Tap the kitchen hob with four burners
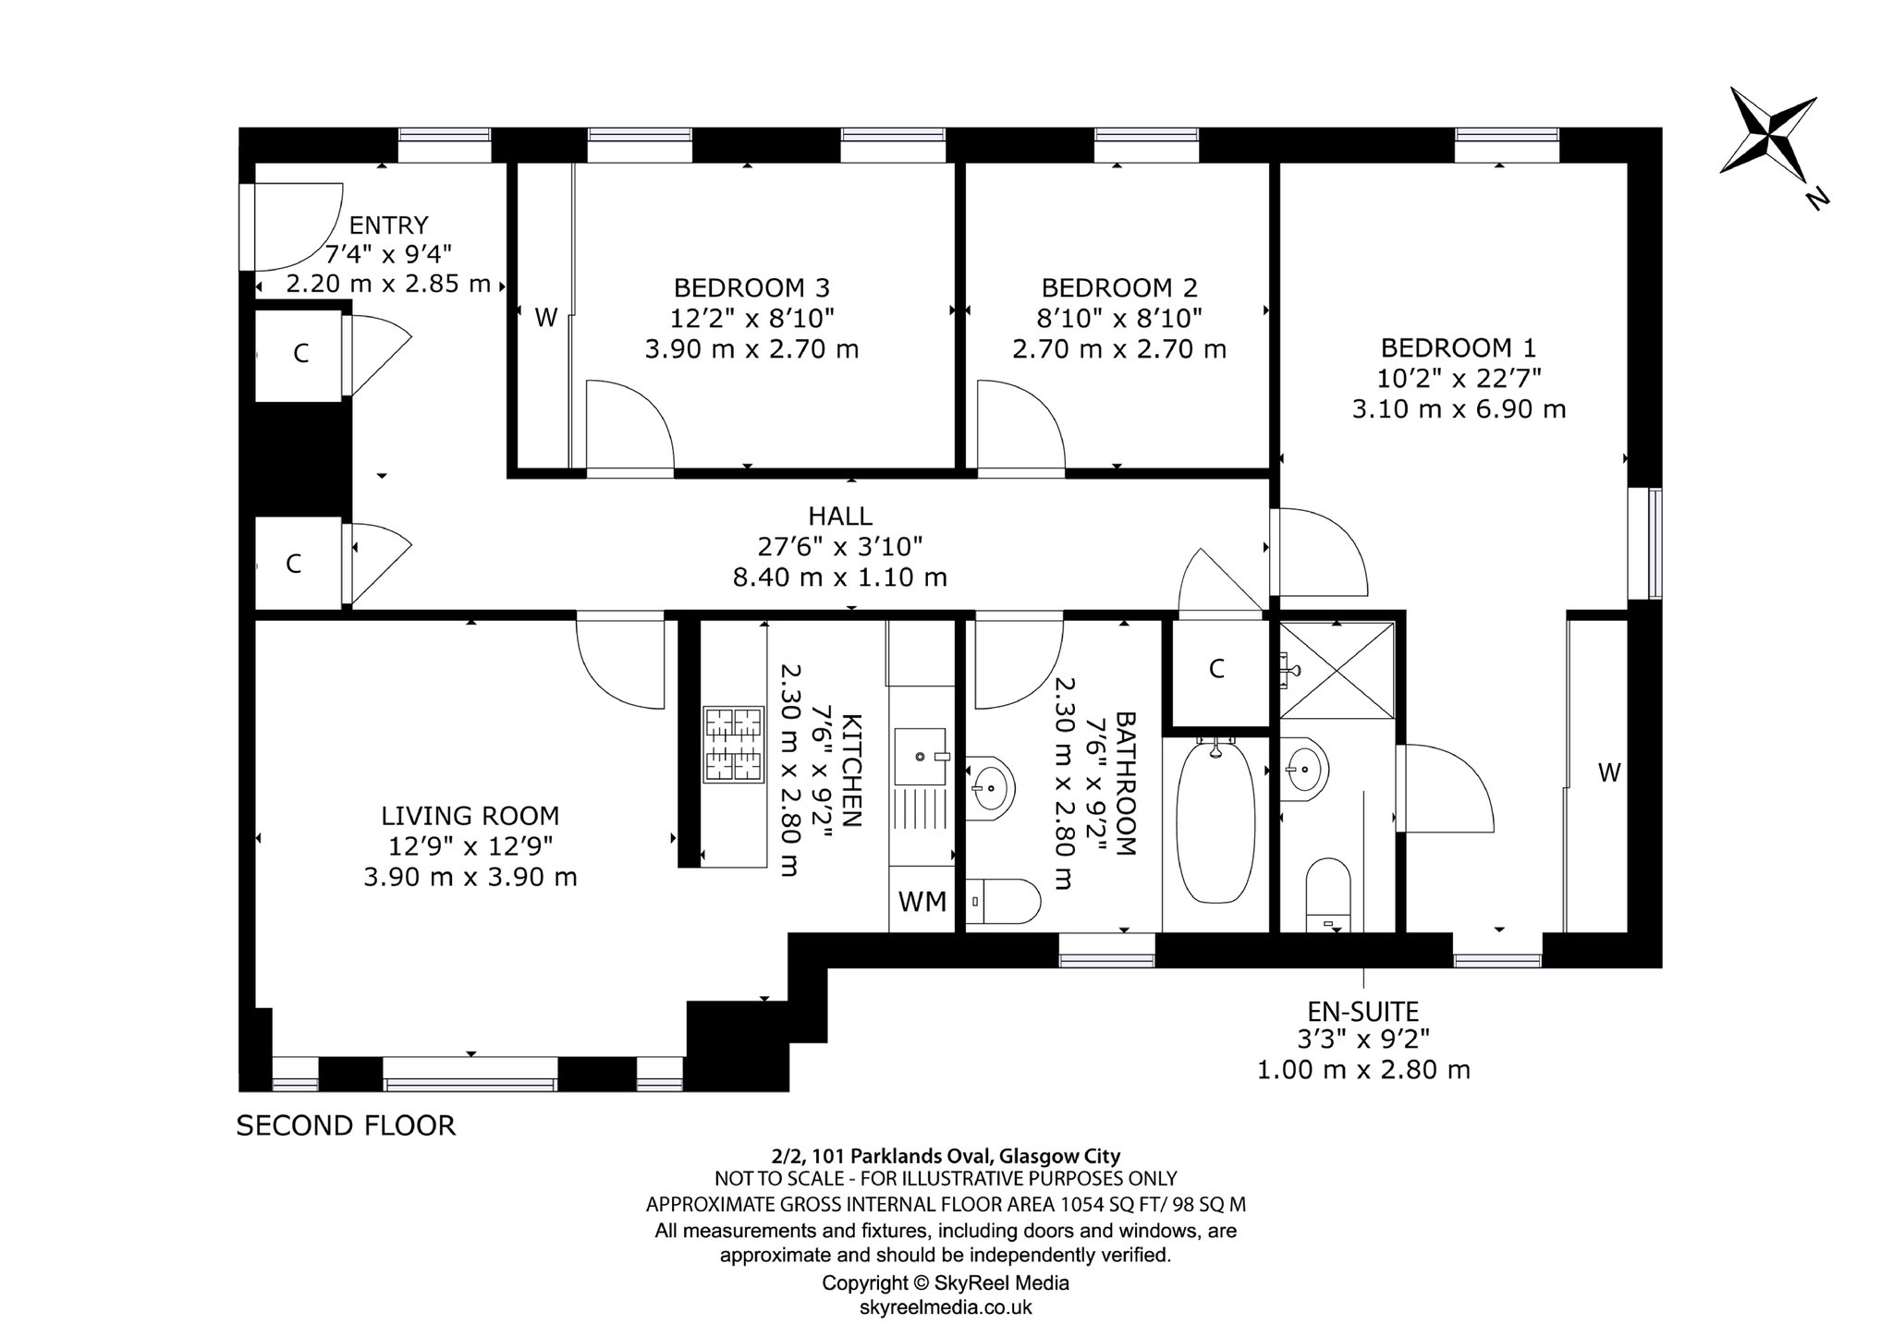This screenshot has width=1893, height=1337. (734, 744)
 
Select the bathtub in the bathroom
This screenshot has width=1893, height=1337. (1215, 820)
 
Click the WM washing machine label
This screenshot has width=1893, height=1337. (922, 901)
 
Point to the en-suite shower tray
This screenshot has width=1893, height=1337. (1337, 669)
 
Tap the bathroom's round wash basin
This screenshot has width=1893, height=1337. (990, 788)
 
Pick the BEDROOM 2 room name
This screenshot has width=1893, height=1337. (1119, 287)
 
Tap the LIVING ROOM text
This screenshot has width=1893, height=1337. (470, 816)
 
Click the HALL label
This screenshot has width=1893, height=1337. (840, 516)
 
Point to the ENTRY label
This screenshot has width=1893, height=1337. (388, 225)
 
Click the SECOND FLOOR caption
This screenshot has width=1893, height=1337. (346, 1125)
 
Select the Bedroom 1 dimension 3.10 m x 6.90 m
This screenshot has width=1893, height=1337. (1459, 408)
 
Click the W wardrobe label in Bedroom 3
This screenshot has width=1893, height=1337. (546, 319)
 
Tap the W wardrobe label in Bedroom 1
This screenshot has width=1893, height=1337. (1609, 772)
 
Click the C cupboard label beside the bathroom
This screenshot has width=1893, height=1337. (1216, 669)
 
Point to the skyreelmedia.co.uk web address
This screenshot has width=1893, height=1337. (946, 1307)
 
